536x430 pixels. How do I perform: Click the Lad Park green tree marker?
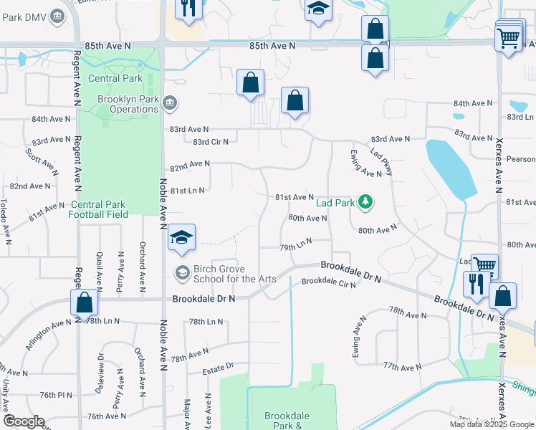pos(366,202)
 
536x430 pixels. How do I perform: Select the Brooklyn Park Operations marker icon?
pos(169,104)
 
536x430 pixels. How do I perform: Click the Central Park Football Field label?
pos(98,209)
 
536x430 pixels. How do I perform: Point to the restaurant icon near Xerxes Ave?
pos(476,283)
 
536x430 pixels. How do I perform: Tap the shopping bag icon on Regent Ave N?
pos(85,302)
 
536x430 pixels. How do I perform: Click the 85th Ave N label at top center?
pos(272,46)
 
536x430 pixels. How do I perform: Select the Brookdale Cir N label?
pos(328,282)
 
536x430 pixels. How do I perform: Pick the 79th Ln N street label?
pos(296,245)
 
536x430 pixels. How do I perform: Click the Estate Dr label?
pos(218,368)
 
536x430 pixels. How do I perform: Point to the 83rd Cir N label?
pos(206,142)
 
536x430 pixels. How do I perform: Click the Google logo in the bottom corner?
pos(24,421)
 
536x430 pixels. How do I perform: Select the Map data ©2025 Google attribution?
pos(491,424)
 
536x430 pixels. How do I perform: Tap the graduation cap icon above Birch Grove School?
pos(182,239)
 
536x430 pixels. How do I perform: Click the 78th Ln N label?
pos(206,322)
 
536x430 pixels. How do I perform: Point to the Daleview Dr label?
pos(100,367)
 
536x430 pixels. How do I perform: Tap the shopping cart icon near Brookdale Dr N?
pos(485,266)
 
